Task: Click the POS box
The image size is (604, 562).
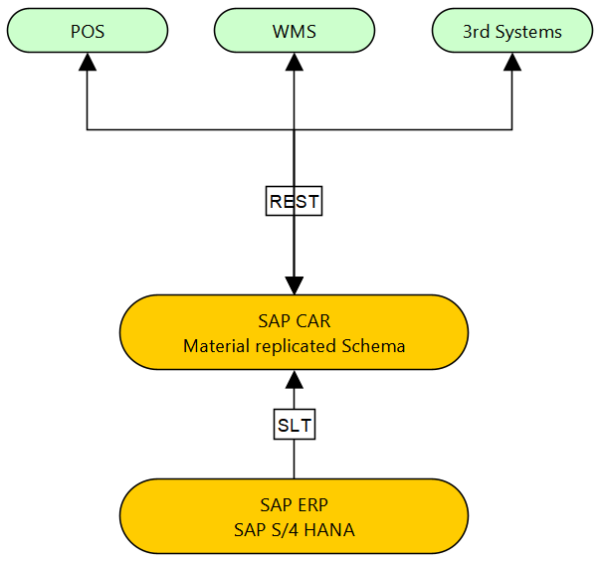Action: [x=88, y=30]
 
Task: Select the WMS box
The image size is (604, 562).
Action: [x=295, y=30]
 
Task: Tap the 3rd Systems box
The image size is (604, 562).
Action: [x=512, y=30]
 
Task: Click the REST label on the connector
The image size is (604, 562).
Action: [x=295, y=201]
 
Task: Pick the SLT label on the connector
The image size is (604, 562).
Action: [x=295, y=426]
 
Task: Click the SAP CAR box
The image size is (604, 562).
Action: [x=295, y=332]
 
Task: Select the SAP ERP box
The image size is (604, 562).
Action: [x=295, y=516]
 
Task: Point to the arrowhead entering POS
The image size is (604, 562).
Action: [x=88, y=60]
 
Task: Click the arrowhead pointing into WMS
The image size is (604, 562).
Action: [x=295, y=60]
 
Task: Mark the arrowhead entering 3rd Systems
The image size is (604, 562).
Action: [x=512, y=60]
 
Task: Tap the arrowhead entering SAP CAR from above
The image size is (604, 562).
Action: [x=295, y=285]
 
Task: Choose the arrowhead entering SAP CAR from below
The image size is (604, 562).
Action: [x=295, y=379]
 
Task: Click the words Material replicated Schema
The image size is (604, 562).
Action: [x=295, y=346]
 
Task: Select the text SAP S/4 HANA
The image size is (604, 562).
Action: [x=295, y=529]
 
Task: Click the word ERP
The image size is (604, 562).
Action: [x=311, y=504]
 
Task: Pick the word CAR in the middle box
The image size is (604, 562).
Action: [x=312, y=321]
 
